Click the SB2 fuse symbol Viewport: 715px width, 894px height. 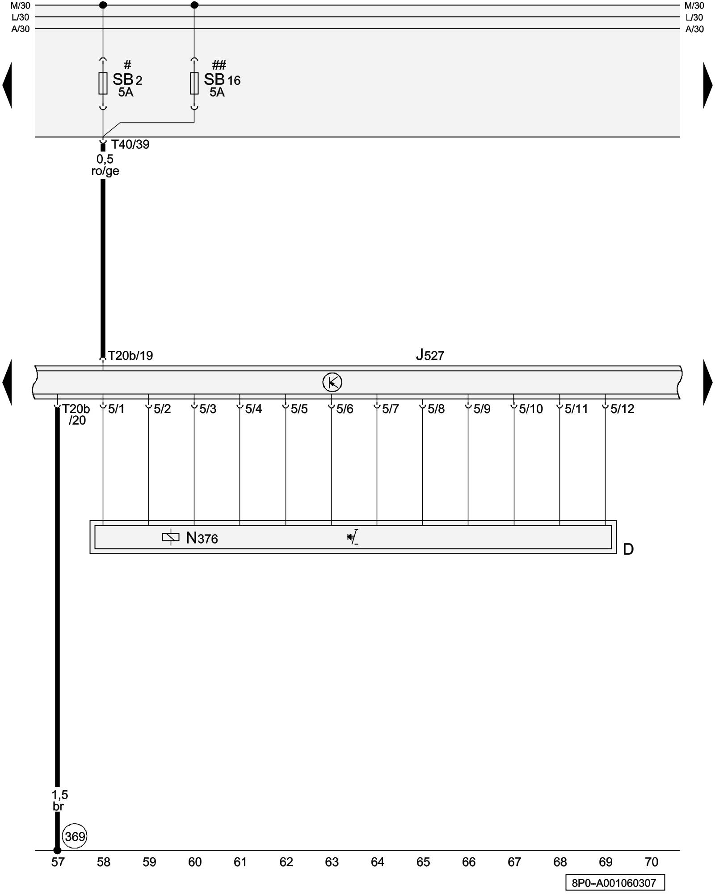point(103,83)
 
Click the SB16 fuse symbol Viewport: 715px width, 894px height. point(194,83)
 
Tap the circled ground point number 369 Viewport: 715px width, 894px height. point(75,836)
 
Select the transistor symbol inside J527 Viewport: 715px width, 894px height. point(332,382)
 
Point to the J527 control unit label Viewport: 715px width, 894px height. point(430,355)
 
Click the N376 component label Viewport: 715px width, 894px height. point(202,538)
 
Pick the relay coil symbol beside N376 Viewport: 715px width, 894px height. point(171,537)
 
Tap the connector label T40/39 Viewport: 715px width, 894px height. point(130,144)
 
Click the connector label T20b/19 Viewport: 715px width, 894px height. point(130,356)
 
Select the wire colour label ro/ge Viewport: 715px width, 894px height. point(105,171)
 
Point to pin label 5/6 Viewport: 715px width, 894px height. point(345,409)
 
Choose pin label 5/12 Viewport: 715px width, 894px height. point(622,409)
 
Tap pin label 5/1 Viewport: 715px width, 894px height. point(116,409)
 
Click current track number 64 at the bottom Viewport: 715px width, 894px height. point(378,862)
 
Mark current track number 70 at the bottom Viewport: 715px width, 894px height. point(652,862)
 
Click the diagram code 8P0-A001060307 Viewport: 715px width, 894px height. point(614,883)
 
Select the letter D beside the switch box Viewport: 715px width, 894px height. point(628,549)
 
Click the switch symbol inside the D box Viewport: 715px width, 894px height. point(353,537)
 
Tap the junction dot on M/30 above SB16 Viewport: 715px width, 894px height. point(194,5)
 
